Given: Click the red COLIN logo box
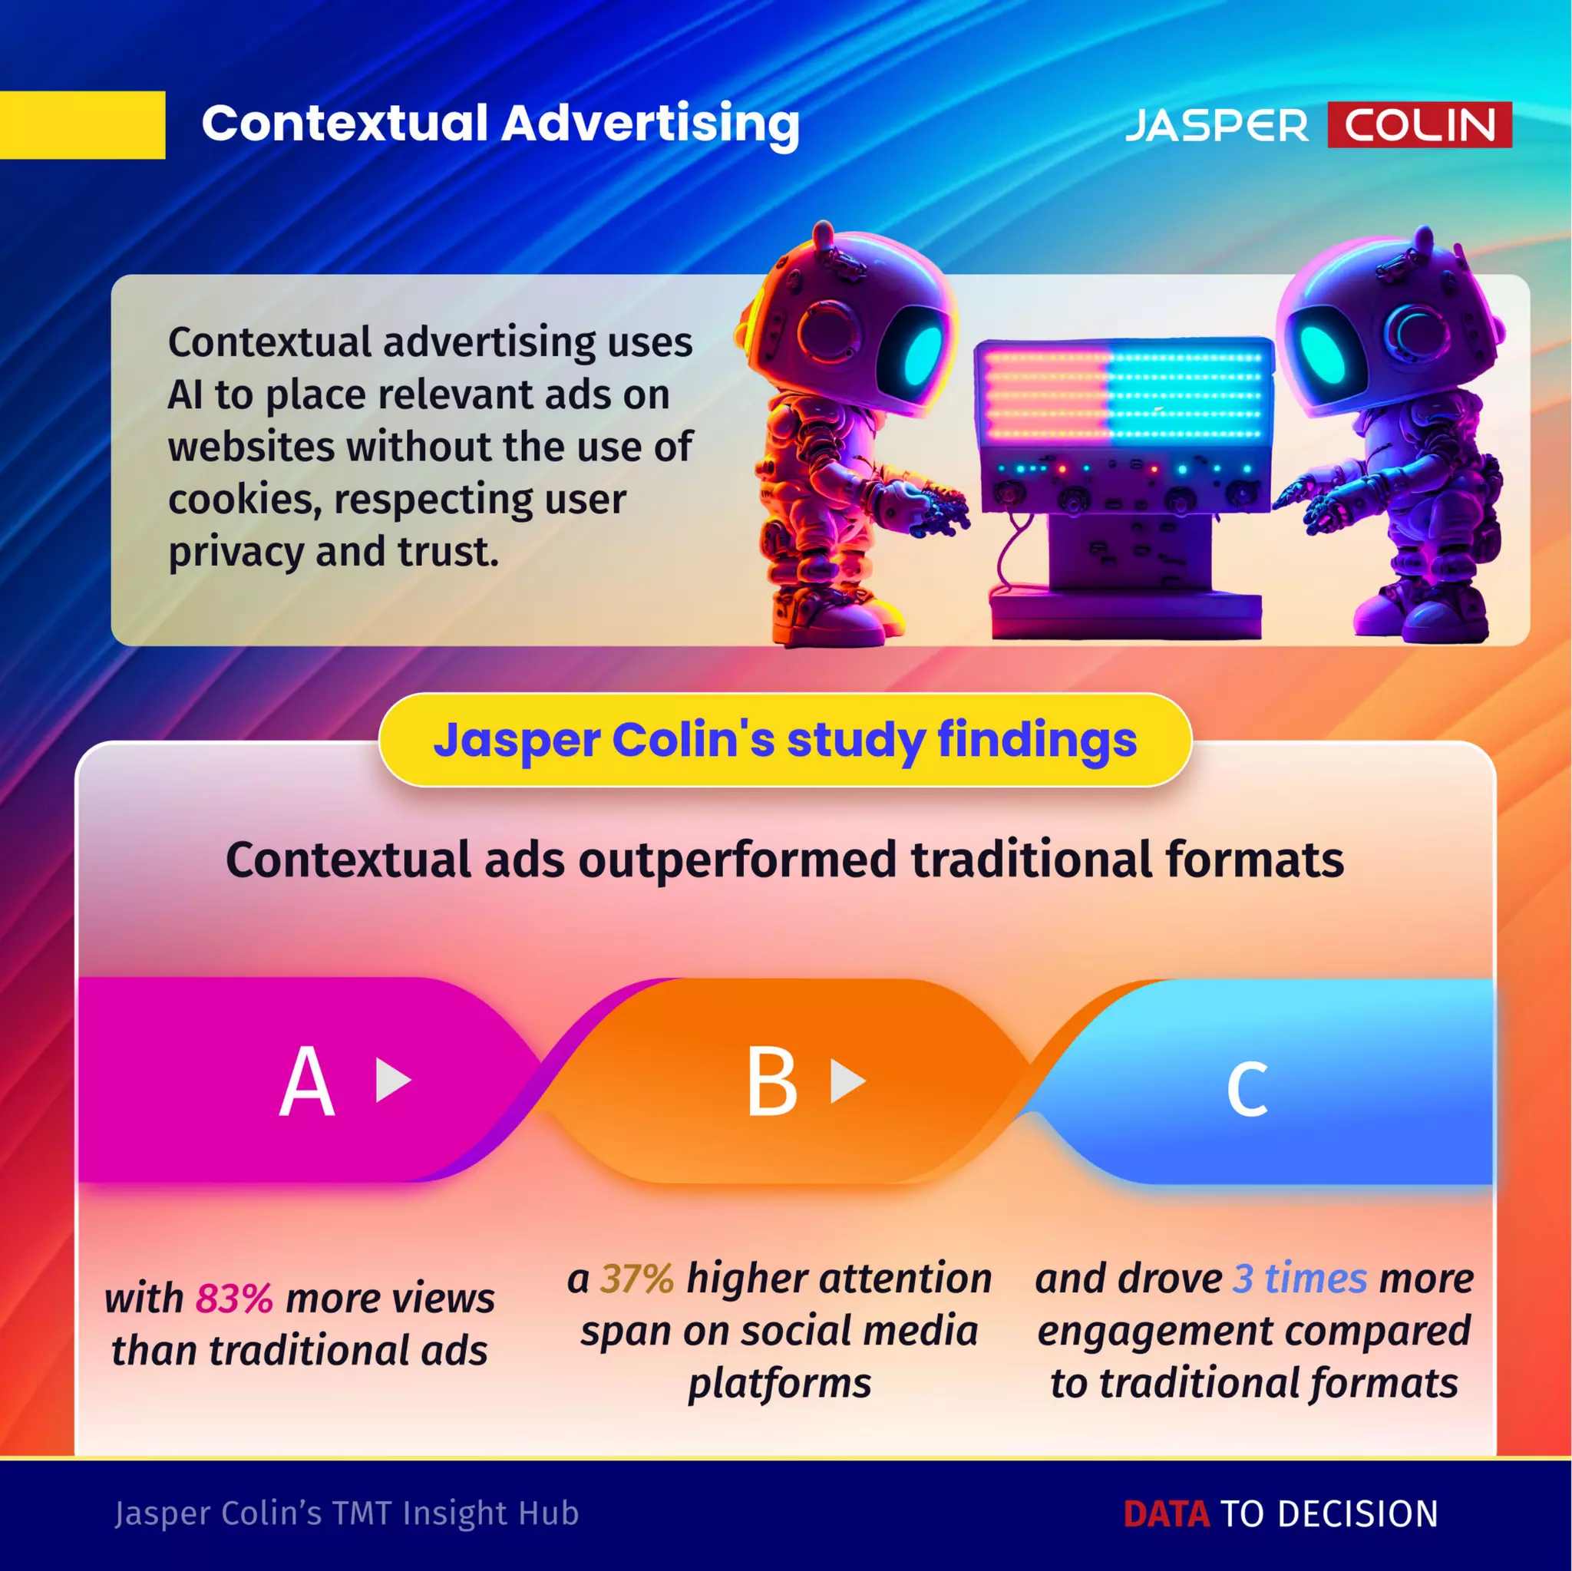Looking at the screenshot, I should click(1419, 124).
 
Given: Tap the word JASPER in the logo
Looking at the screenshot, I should click(1217, 126).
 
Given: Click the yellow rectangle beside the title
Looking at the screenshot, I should click(81, 124).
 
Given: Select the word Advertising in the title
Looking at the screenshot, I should click(650, 124).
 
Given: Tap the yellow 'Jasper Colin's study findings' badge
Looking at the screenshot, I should click(785, 741).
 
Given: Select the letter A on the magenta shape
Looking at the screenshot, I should click(307, 1082).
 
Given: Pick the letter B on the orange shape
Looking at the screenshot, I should click(771, 1082).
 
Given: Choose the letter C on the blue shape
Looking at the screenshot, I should click(1247, 1087).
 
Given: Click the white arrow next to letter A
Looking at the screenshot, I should click(392, 1081).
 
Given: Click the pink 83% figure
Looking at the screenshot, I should click(233, 1299).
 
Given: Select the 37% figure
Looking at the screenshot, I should click(636, 1278).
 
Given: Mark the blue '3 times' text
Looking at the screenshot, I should click(1300, 1278).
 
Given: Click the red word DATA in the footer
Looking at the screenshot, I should click(1166, 1514).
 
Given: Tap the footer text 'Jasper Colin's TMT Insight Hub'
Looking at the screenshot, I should click(347, 1513).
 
